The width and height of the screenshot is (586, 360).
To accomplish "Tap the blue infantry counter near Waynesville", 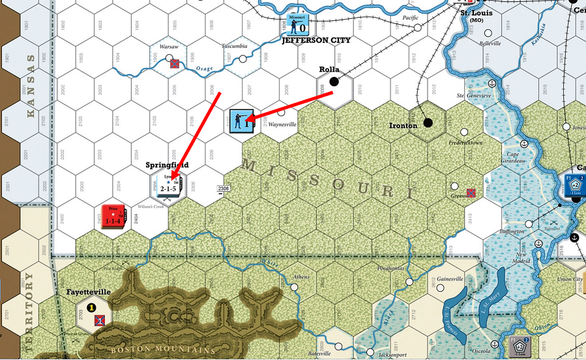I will coord(242,121).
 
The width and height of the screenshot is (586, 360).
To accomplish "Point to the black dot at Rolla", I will coord(334,82).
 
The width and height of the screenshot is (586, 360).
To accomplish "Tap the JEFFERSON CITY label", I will coord(316,40).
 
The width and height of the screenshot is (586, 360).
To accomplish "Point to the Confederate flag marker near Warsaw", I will coord(175,64).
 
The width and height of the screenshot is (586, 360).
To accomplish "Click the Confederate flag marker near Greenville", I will coord(470,192).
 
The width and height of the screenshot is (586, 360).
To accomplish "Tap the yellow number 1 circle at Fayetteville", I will coord(92,307).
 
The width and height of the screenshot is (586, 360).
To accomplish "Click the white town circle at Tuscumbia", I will coord(242,59).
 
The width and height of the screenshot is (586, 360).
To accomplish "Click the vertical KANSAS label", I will coord(30,85).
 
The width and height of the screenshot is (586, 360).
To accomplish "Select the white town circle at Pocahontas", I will coord(409,282).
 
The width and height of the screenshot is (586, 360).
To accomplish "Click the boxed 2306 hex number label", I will coord(223,188).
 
